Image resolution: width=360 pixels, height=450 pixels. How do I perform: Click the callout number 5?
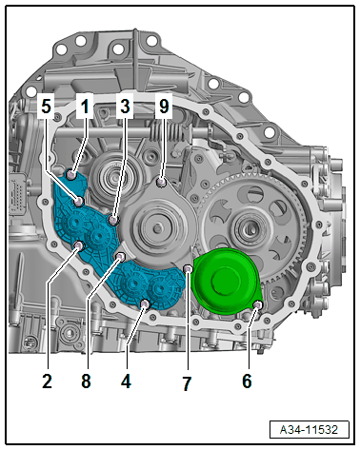pyautogui.click(x=46, y=106)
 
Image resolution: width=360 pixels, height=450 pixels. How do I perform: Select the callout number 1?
pyautogui.click(x=85, y=106)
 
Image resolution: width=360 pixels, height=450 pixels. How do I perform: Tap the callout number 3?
pyautogui.click(x=125, y=106)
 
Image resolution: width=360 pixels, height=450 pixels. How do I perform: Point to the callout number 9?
pyautogui.click(x=164, y=106)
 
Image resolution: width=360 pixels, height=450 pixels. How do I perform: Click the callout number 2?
pyautogui.click(x=47, y=381)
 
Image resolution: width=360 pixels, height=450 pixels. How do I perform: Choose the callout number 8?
pyautogui.click(x=86, y=381)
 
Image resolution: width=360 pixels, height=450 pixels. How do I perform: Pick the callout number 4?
pyautogui.click(x=126, y=381)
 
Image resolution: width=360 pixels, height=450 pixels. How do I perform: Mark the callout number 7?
pyautogui.click(x=187, y=383)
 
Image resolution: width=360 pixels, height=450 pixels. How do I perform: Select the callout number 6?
pyautogui.click(x=247, y=381)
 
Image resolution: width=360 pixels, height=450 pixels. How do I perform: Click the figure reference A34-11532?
pyautogui.click(x=309, y=430)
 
